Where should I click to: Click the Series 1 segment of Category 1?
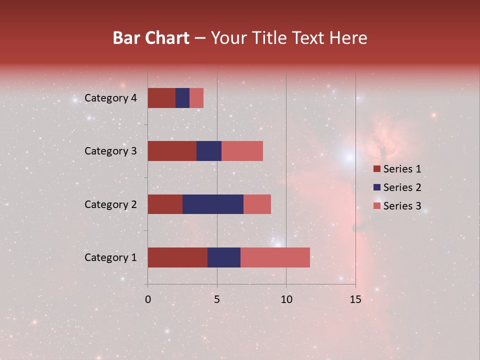coord(177,257)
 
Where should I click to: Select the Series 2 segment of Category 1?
coord(224,257)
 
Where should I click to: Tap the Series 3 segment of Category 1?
coord(275,257)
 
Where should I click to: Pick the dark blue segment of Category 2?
coord(213,204)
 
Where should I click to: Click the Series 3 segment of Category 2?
coord(257,204)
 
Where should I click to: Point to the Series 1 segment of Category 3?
coord(172,151)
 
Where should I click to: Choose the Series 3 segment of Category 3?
coord(242,151)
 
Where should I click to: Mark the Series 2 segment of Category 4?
coord(182,98)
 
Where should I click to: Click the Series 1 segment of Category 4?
coord(161,98)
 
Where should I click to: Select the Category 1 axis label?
coord(110,257)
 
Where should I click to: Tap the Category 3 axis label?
coord(110,151)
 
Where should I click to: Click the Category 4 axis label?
coord(110,98)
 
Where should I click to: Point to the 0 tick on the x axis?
coord(148,299)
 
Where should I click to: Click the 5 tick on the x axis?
coord(217,299)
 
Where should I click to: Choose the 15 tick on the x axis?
coord(355,299)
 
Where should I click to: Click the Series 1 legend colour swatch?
coord(376,169)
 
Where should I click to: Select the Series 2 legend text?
coord(402,187)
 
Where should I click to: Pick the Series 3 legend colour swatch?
coord(376,206)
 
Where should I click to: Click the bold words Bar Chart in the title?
coord(151,37)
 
